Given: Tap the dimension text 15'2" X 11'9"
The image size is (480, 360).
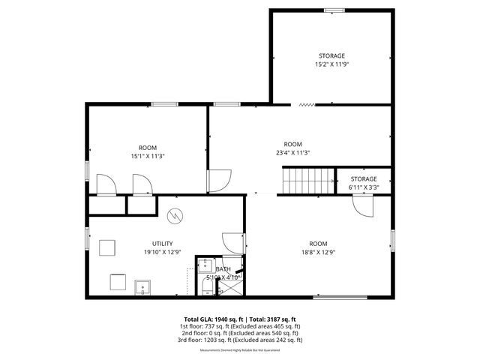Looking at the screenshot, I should click(x=331, y=65).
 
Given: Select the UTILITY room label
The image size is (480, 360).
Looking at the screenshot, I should click(x=163, y=244).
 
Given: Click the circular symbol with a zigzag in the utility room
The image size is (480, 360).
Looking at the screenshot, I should click(x=175, y=215).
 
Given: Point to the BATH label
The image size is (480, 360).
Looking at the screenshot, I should click(x=223, y=269).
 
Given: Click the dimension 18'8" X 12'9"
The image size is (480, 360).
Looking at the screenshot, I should click(x=318, y=253).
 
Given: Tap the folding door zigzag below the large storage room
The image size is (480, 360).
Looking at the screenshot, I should click(x=305, y=105).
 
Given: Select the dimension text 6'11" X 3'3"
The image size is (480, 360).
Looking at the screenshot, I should click(x=364, y=187).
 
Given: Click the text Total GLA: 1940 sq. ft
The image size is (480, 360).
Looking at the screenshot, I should click(x=213, y=319).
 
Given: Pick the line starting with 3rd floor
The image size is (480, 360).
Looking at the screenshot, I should click(x=240, y=340).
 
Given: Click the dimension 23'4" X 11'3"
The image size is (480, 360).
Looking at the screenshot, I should click(x=292, y=153).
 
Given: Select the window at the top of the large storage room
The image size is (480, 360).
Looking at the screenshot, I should click(x=334, y=10).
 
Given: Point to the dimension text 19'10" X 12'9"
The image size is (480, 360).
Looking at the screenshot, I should click(x=163, y=253).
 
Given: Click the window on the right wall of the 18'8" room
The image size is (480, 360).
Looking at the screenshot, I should click(x=391, y=241).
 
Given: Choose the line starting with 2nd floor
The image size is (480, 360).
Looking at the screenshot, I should click(x=240, y=333).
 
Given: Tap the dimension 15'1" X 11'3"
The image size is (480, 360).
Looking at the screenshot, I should click(x=147, y=156).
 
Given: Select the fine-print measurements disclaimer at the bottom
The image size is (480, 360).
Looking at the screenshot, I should click(x=240, y=350).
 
